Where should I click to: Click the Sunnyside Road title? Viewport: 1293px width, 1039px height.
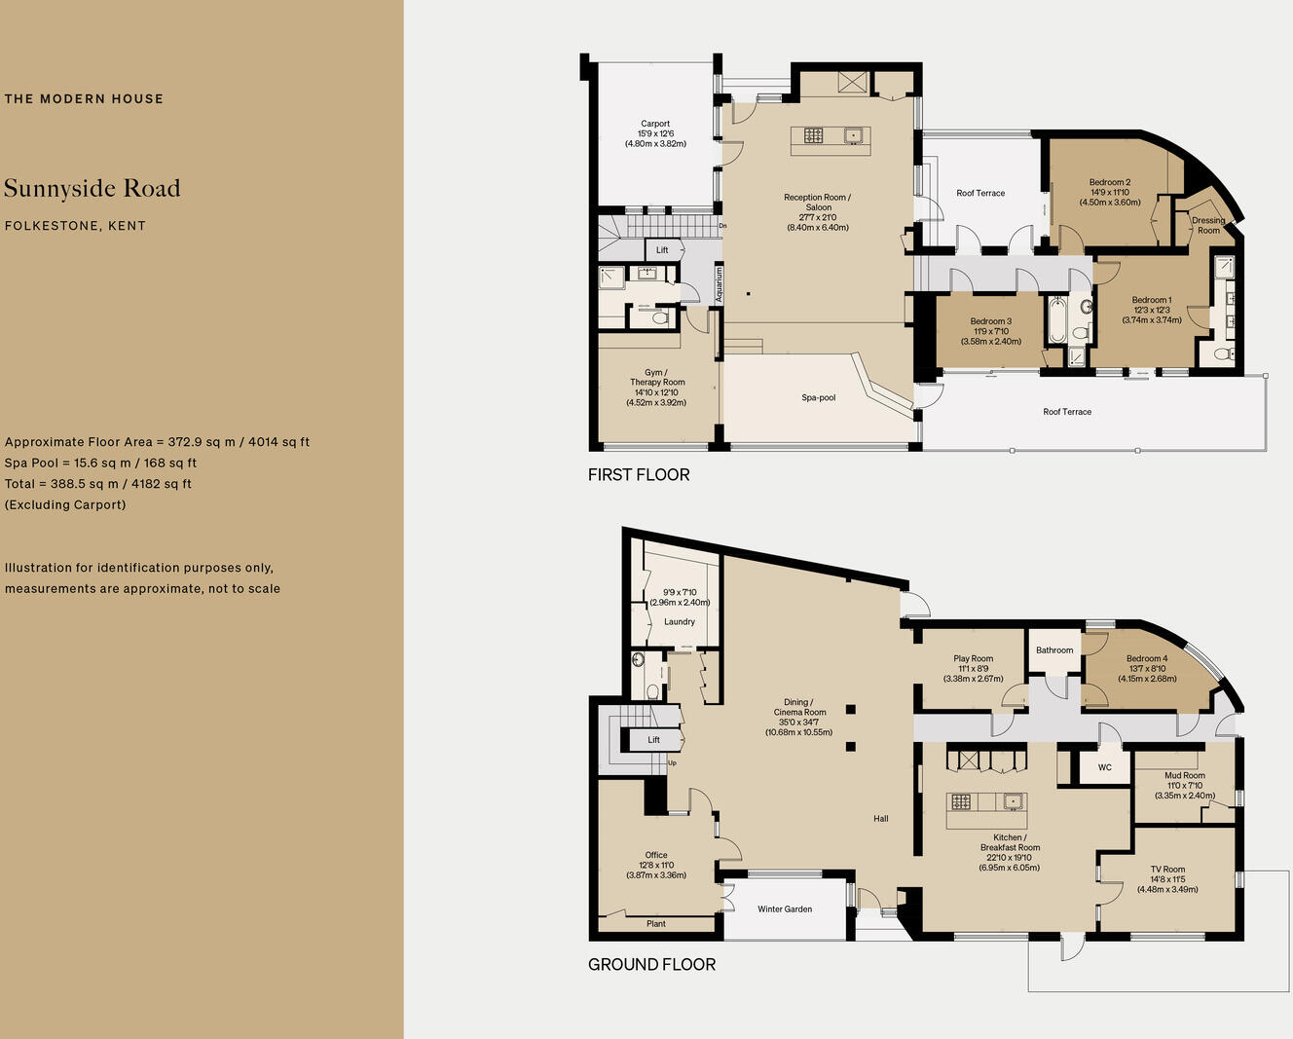(92, 188)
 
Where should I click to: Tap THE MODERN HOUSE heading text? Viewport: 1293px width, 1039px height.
(84, 98)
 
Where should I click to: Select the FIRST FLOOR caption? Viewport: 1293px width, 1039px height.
(639, 474)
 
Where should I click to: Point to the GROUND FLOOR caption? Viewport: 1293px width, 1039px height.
(651, 964)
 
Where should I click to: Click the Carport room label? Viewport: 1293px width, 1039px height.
(655, 124)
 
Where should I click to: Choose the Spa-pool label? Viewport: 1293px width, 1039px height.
(819, 397)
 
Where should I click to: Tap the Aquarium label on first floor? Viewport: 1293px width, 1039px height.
(720, 284)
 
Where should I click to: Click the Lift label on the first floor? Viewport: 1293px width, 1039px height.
(662, 250)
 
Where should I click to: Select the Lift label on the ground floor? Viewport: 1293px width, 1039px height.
(653, 740)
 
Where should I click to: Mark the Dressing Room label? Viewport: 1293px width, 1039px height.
(1208, 225)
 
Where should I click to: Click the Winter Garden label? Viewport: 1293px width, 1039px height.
(785, 909)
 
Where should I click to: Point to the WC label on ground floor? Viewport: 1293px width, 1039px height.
(1104, 767)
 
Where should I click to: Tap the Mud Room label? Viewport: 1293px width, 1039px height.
(1185, 776)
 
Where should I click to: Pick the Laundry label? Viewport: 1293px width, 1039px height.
(680, 621)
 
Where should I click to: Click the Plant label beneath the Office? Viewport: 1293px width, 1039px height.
(656, 923)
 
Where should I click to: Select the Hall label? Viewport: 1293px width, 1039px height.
(881, 818)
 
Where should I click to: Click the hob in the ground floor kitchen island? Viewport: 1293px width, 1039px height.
(962, 802)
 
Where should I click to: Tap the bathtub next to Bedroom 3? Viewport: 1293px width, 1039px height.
(1056, 320)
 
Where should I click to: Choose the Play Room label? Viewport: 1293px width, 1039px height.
(974, 658)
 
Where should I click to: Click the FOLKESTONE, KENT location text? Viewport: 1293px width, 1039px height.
(75, 226)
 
